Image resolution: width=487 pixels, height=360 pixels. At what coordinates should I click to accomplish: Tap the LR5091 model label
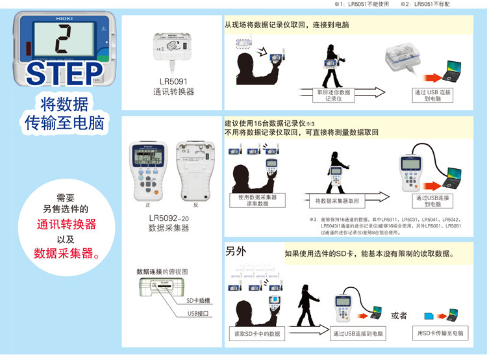click(x=171, y=82)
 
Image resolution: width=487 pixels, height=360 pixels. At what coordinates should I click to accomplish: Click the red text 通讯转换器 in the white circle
click(x=66, y=224)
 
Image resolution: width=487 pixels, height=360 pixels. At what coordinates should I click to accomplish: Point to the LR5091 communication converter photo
click(x=171, y=49)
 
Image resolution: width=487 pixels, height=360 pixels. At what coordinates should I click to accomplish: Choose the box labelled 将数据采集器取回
click(x=337, y=201)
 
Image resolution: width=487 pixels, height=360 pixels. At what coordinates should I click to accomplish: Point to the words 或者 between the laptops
click(x=399, y=315)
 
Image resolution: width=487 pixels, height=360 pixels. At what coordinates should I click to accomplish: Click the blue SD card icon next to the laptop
click(x=429, y=316)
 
